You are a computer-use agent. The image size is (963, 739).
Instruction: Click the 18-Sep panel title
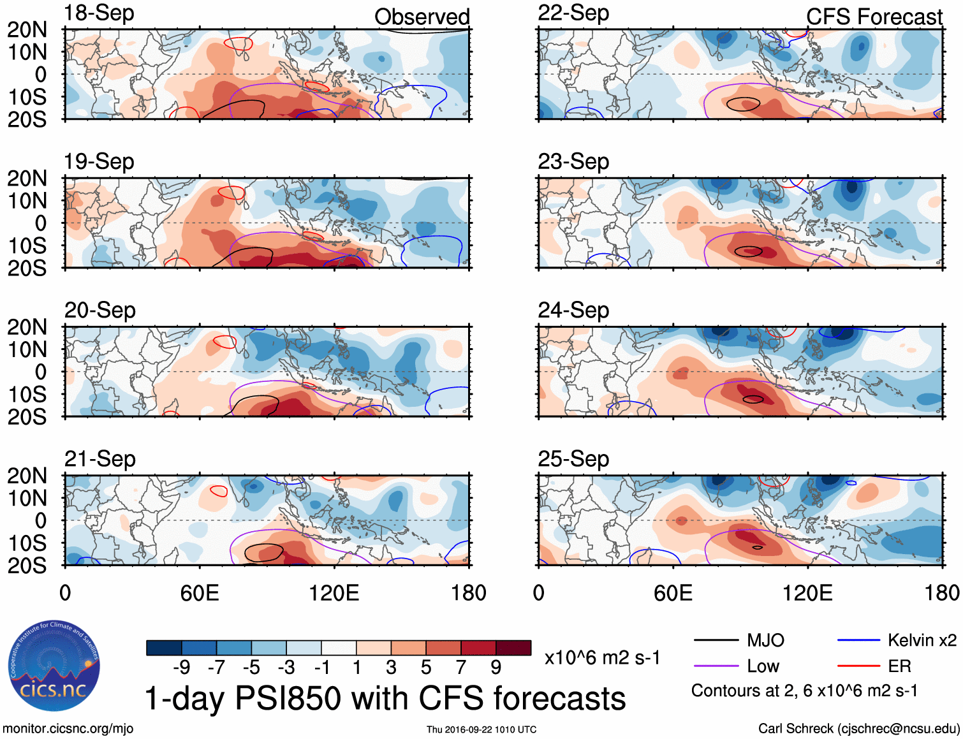tap(99, 13)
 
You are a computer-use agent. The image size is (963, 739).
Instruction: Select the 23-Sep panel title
tap(573, 161)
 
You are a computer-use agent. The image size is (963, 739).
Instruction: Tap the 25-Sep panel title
tap(573, 458)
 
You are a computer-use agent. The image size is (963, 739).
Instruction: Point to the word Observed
tap(422, 17)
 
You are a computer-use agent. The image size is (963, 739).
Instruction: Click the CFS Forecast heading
tap(874, 17)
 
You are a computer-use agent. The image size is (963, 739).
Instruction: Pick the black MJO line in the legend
tap(716, 640)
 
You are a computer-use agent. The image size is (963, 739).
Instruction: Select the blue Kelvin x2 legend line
tap(858, 640)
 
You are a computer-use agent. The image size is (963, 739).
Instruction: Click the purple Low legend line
tap(716, 666)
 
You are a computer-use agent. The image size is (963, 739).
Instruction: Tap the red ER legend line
tap(858, 666)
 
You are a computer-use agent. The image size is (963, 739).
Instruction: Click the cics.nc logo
tap(54, 666)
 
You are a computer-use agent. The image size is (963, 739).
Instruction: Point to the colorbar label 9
tap(496, 668)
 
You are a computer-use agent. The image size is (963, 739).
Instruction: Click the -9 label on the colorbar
tap(181, 668)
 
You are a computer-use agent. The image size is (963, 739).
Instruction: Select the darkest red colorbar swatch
tap(513, 648)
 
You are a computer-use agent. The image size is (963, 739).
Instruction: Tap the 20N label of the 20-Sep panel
tap(27, 327)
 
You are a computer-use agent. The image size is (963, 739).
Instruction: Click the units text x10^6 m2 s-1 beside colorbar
tap(602, 657)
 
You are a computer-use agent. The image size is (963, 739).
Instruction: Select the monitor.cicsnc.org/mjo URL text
tap(68, 728)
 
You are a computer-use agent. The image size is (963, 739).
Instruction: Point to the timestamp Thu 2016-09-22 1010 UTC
tap(481, 729)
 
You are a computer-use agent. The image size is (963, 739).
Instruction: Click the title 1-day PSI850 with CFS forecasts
tap(385, 698)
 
